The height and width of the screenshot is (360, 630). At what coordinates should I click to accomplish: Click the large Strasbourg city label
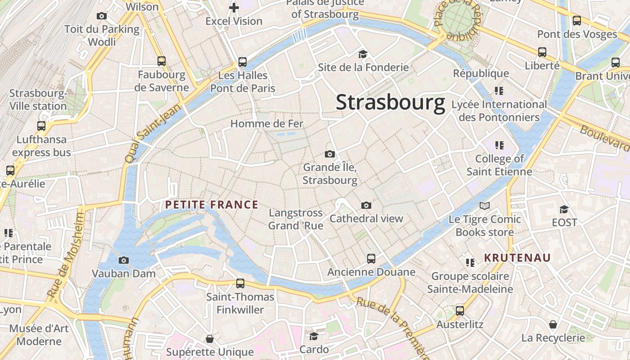pyautogui.click(x=391, y=102)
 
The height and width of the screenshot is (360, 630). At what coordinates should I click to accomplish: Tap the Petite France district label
pyautogui.click(x=211, y=205)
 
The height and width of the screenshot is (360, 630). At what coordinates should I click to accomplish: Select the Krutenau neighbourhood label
pyautogui.click(x=517, y=258)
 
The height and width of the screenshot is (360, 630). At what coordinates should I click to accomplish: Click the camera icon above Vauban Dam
pyautogui.click(x=124, y=260)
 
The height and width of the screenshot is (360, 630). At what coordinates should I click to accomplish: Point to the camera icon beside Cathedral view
pyautogui.click(x=366, y=206)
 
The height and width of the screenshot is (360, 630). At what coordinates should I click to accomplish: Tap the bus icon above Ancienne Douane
pyautogui.click(x=371, y=259)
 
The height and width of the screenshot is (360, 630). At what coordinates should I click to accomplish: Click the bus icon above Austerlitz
pyautogui.click(x=460, y=311)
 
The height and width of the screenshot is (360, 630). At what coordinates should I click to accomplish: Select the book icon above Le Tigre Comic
pyautogui.click(x=485, y=206)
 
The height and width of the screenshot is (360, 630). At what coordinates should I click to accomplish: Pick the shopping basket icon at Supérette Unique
pyautogui.click(x=210, y=338)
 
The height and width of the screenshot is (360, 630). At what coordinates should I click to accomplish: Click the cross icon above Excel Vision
pyautogui.click(x=234, y=8)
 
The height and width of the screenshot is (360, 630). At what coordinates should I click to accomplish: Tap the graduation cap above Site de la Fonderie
pyautogui.click(x=363, y=54)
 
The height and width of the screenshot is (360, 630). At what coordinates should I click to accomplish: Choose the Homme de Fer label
pyautogui.click(x=267, y=123)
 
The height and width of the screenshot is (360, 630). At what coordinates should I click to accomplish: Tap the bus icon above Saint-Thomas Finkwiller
pyautogui.click(x=240, y=283)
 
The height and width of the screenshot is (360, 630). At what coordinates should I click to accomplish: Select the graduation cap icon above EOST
pyautogui.click(x=564, y=209)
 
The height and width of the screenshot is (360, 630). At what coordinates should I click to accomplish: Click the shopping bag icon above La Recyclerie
pyautogui.click(x=553, y=324)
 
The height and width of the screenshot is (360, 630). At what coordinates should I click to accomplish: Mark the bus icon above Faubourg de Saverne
pyautogui.click(x=162, y=61)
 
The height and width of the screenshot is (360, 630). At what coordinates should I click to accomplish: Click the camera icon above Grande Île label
pyautogui.click(x=330, y=154)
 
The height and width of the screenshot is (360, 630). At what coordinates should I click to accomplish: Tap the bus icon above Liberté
pyautogui.click(x=542, y=52)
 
